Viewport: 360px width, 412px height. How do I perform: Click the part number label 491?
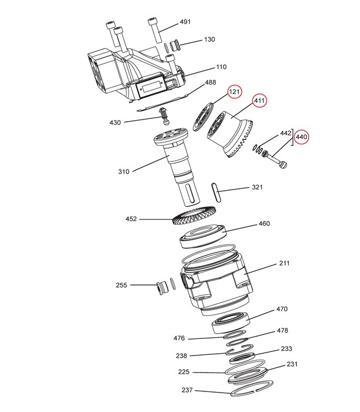(185, 22)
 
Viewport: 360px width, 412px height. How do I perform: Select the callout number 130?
(209, 39)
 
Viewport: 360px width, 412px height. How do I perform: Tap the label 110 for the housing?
(221, 67)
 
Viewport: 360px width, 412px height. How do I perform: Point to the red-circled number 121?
(235, 92)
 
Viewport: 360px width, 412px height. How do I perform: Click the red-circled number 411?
(259, 101)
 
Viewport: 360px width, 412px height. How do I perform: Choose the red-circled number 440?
(301, 137)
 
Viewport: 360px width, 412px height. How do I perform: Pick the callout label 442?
(285, 134)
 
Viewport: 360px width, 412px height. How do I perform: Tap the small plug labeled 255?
(158, 288)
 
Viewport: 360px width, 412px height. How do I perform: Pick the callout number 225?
(184, 373)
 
